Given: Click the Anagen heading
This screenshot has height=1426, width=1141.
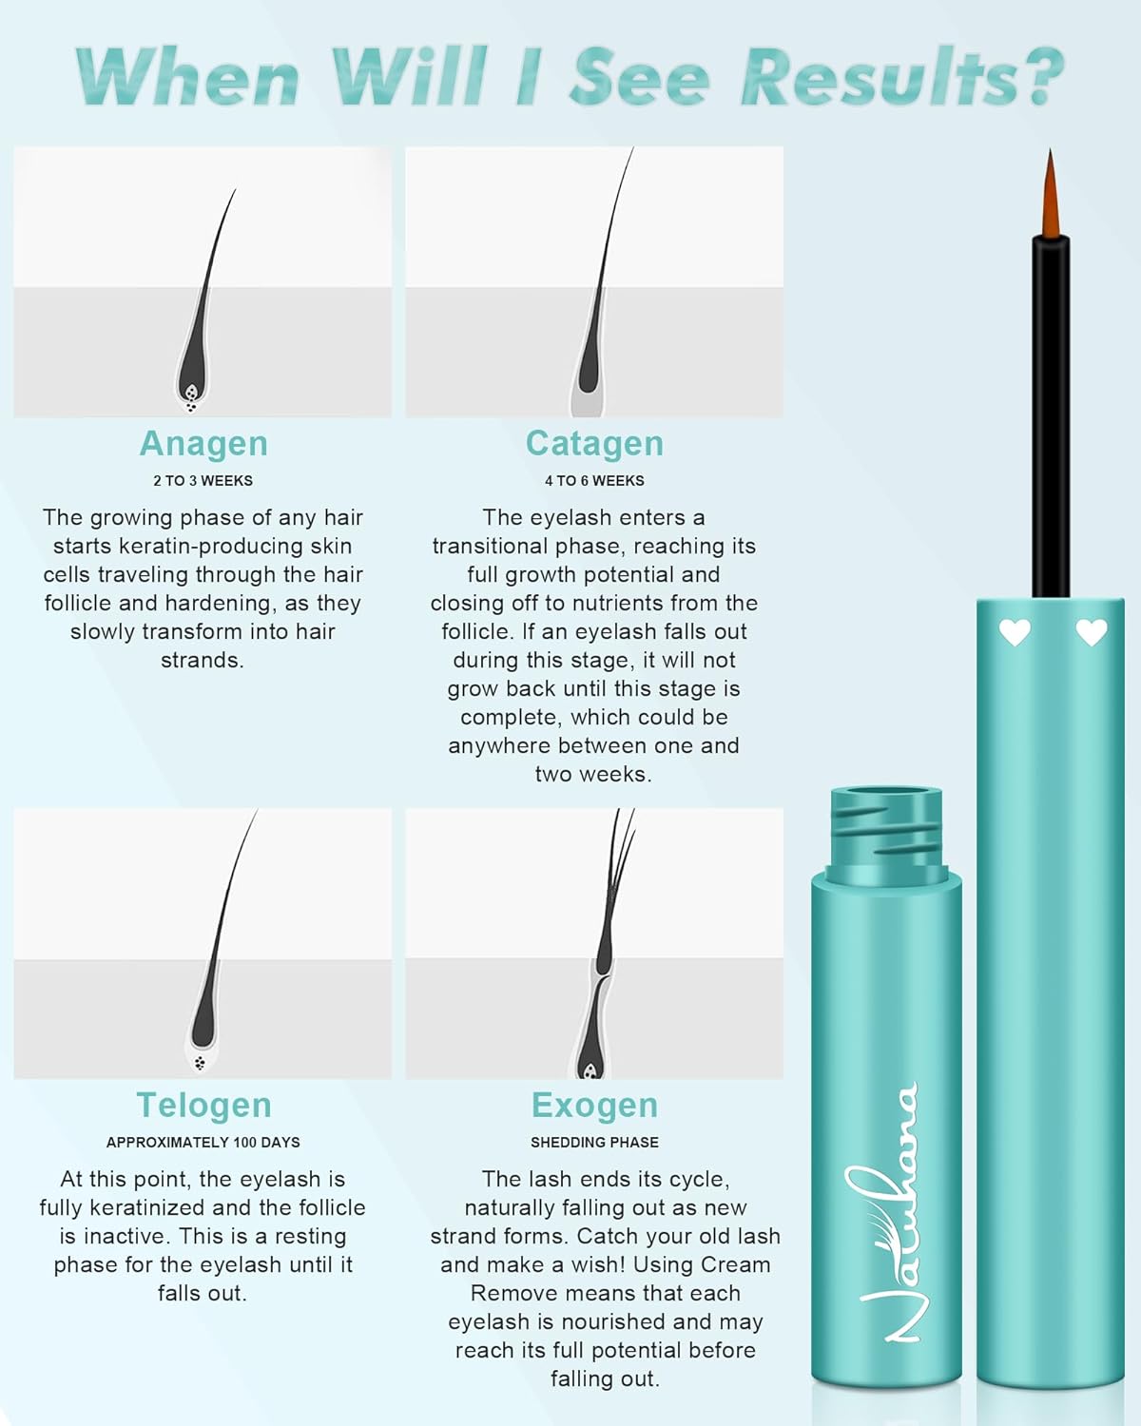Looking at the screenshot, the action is [203, 445].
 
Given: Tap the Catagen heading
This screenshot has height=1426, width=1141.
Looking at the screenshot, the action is [594, 445].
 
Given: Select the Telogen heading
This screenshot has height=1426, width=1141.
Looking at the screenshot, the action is [203, 1106].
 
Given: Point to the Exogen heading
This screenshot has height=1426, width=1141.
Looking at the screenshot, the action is [594, 1106].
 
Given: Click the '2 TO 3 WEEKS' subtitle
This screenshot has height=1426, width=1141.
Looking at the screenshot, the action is [203, 480].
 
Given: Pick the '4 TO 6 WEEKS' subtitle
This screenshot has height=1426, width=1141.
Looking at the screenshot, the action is [594, 480].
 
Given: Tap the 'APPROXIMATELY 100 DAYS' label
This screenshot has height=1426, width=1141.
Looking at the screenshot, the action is [203, 1143].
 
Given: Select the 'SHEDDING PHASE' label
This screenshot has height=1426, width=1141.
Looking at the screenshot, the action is [594, 1143].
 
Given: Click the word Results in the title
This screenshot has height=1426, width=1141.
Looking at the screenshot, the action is [901, 76].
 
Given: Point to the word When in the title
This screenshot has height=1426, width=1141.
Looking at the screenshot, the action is [187, 76].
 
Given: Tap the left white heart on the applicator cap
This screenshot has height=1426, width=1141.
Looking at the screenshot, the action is [1015, 632].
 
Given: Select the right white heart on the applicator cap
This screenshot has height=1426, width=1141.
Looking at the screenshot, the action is [1092, 632].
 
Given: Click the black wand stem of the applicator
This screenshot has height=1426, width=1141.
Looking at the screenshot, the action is [1051, 416].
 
